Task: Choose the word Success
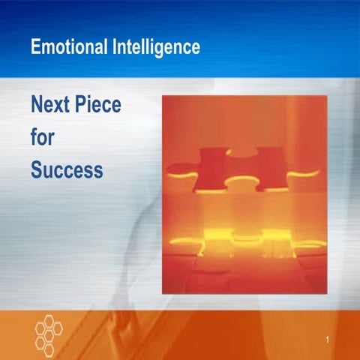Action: [x=67, y=170]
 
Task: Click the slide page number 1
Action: [x=328, y=343]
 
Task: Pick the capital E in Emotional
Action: [x=36, y=47]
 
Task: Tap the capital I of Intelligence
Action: [x=114, y=47]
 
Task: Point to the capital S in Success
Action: [x=37, y=170]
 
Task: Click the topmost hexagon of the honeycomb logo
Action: [x=49, y=317]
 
